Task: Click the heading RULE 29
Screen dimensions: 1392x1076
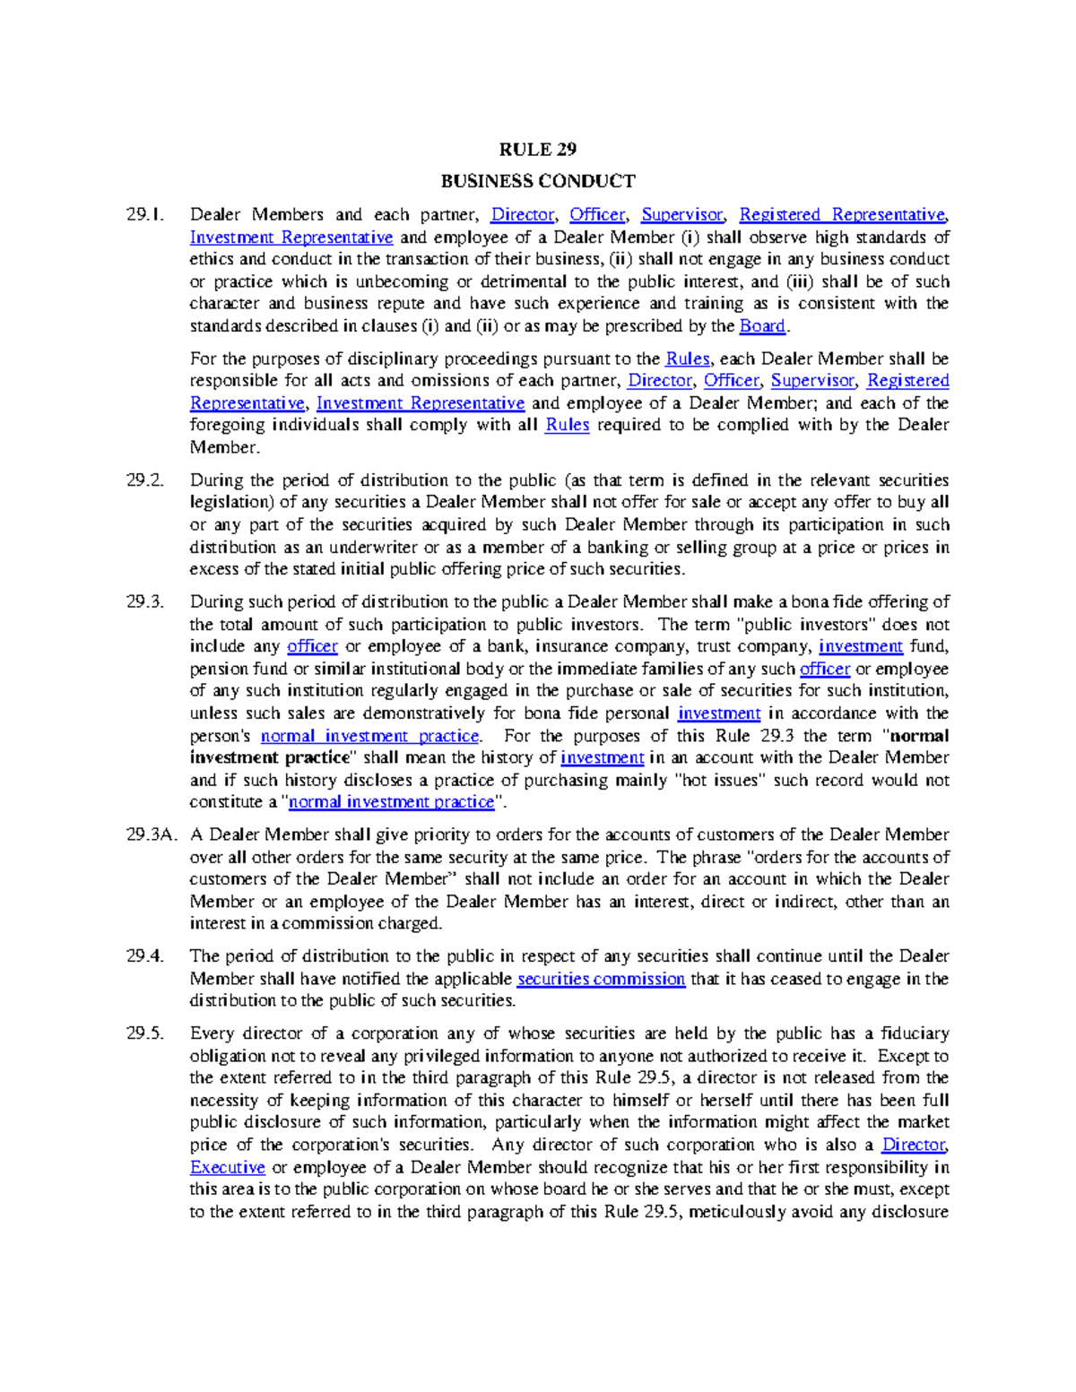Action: [537, 149]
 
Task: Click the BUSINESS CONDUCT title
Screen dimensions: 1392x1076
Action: [537, 181]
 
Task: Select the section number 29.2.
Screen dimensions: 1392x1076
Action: [145, 480]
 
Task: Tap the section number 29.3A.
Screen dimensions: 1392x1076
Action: [150, 834]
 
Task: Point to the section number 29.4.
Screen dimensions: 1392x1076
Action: [145, 956]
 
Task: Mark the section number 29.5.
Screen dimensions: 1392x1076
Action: [145, 1033]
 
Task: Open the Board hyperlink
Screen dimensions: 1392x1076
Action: [762, 326]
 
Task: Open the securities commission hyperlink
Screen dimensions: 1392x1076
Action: [601, 979]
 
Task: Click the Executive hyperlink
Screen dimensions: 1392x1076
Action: [227, 1167]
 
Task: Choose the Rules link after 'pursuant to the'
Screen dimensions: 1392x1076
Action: [687, 359]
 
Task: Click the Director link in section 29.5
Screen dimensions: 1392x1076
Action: [914, 1145]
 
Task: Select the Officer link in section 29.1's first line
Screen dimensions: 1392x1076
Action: [597, 215]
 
